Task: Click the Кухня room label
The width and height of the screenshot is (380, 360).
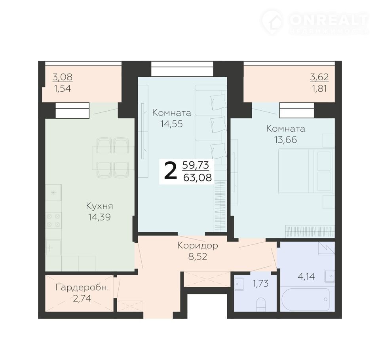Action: click(x=100, y=207)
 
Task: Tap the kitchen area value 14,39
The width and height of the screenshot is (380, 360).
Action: click(x=99, y=217)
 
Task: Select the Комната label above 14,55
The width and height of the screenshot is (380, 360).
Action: click(x=171, y=113)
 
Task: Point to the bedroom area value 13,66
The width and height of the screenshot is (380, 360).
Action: click(x=285, y=140)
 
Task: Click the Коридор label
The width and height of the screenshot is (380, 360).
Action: click(x=198, y=246)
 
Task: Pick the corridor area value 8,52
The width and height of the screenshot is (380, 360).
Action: click(x=198, y=257)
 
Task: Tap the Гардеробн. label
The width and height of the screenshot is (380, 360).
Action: click(x=82, y=288)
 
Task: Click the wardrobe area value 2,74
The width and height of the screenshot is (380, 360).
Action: click(x=82, y=298)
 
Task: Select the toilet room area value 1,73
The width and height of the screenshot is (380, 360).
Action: click(x=260, y=283)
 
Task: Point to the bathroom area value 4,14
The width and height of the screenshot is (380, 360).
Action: click(x=306, y=276)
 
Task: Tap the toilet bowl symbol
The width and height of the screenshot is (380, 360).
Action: click(x=261, y=305)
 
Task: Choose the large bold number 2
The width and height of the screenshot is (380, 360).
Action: click(x=170, y=171)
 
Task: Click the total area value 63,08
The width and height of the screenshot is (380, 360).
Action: click(x=198, y=178)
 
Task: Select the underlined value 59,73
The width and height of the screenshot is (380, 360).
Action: click(x=196, y=165)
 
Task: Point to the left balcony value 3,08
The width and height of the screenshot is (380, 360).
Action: click(x=63, y=77)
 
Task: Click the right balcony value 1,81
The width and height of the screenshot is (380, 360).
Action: click(x=319, y=89)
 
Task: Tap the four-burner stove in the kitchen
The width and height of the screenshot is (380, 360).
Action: click(x=53, y=220)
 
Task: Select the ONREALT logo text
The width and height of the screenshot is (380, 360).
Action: click(x=329, y=20)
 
